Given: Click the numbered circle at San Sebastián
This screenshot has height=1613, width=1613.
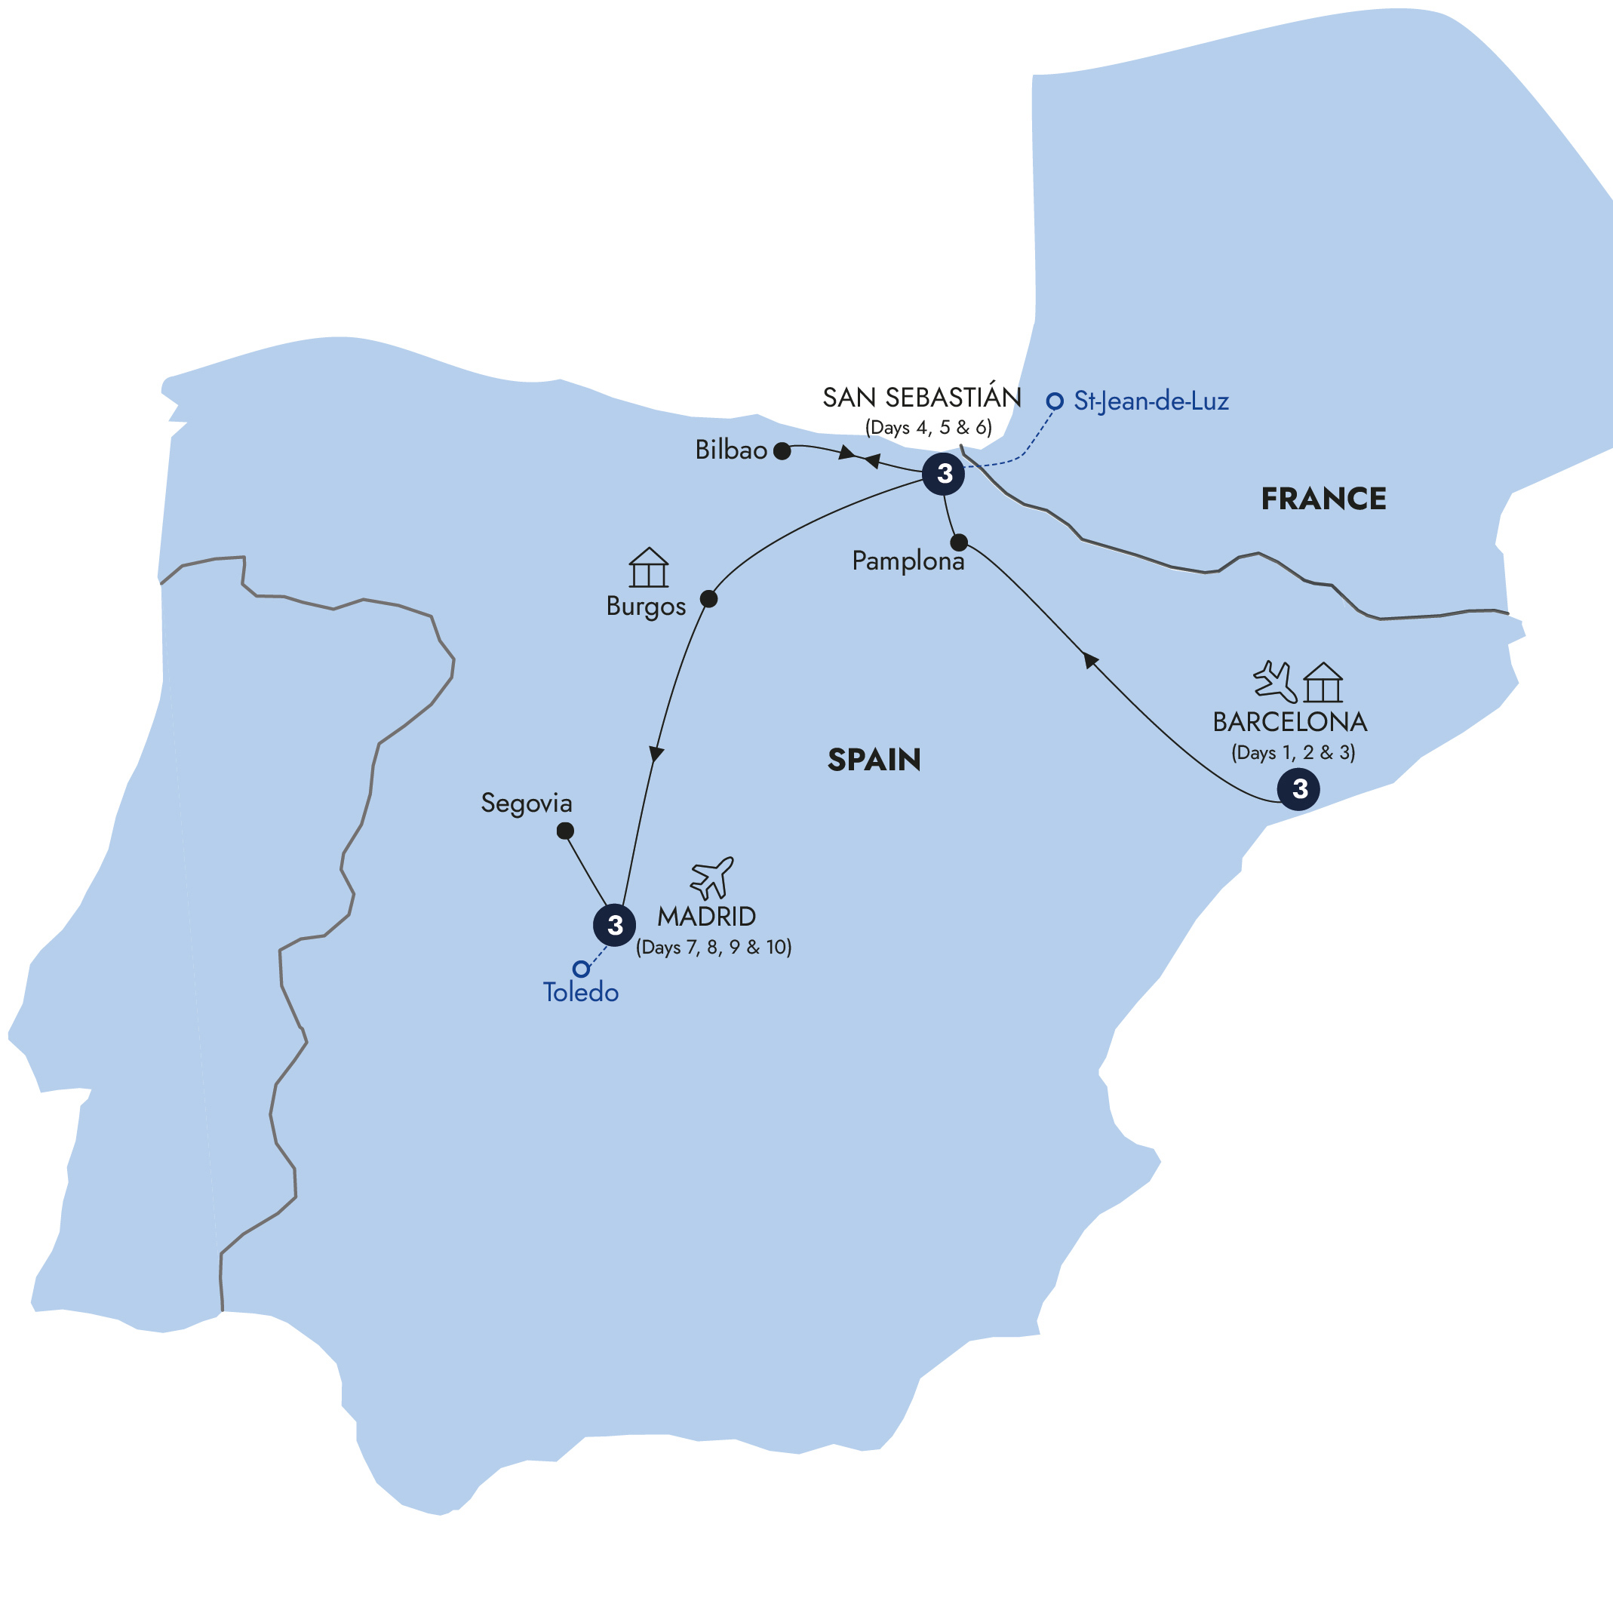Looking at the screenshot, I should tap(943, 473).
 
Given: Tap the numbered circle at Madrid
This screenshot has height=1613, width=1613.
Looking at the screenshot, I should tap(614, 925).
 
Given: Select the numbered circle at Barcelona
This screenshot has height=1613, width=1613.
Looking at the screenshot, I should tap(1298, 788).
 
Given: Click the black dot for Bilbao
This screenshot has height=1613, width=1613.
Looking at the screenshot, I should tap(782, 451).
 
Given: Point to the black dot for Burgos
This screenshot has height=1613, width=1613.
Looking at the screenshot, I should tap(709, 598).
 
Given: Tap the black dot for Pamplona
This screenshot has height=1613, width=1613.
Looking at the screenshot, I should tap(960, 542).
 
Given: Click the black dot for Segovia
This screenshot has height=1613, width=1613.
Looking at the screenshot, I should tap(565, 831).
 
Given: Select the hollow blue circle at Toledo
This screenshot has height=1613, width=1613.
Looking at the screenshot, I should tap(581, 969).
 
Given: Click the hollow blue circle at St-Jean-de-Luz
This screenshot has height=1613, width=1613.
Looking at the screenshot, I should tap(1055, 401).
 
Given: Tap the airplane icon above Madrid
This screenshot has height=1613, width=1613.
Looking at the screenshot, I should tap(711, 877).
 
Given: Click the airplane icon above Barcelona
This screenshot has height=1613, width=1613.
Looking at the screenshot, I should tap(1275, 681).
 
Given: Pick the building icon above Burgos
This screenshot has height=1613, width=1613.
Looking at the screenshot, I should tap(649, 568).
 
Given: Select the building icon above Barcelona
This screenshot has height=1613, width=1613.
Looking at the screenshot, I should tap(1323, 682).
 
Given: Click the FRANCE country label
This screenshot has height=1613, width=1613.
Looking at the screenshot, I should tap(1323, 499).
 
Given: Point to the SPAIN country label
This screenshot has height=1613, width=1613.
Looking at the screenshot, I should tap(874, 760).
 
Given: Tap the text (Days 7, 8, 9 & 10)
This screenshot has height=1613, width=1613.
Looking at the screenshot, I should tap(714, 948).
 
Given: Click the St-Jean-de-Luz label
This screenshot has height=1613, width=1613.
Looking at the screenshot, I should tap(1151, 401).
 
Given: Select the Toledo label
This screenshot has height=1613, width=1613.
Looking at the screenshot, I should tap(581, 993).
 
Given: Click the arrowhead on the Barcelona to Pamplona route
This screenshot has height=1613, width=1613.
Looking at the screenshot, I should tap(1090, 659).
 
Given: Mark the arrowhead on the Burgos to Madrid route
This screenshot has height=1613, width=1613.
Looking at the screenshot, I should tap(656, 754).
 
